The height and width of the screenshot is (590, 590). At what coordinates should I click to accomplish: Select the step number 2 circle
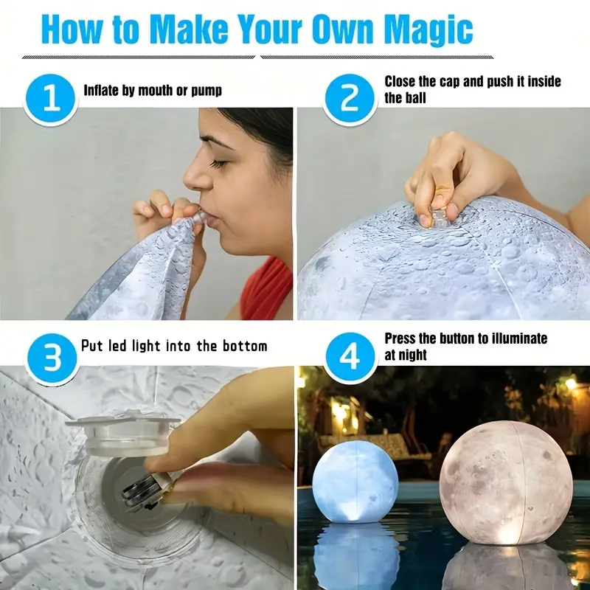[350, 99]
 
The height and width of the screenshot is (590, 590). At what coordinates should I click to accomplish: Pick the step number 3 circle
[52, 358]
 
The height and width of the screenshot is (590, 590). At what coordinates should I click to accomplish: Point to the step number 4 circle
[350, 357]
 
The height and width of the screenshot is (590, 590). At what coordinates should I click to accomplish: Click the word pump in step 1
[206, 91]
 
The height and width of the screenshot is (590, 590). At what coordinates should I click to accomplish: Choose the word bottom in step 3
[245, 346]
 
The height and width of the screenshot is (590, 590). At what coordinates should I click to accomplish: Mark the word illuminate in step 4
[516, 339]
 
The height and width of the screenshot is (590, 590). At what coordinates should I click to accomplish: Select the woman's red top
[266, 289]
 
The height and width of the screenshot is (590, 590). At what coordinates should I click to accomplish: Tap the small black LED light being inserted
[140, 491]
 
